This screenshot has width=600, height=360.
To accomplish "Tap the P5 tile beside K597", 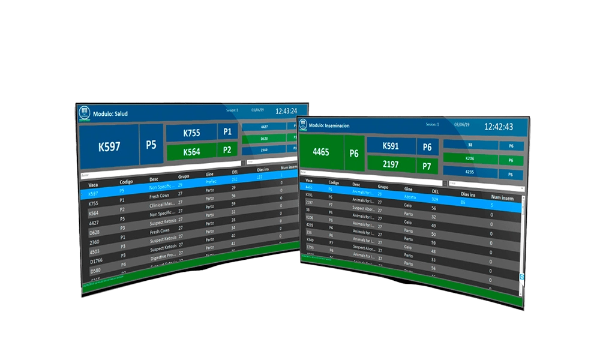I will [151, 145].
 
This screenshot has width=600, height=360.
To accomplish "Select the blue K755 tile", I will [191, 133].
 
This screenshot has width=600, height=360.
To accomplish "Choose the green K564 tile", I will [191, 152].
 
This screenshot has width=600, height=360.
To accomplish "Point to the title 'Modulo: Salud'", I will [110, 113].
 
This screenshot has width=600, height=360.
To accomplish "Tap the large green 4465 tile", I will [321, 152].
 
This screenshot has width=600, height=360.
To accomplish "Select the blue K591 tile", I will [391, 146].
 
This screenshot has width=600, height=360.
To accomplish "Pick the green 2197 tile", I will [391, 164].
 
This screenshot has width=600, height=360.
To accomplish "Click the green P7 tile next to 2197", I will [427, 165].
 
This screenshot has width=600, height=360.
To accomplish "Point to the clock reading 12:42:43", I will [499, 127].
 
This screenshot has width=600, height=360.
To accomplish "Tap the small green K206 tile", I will [470, 160].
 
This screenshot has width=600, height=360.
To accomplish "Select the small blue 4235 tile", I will [470, 173].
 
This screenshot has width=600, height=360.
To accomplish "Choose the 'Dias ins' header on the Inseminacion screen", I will [467, 194].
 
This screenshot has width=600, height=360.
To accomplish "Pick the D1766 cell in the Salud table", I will [97, 260].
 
